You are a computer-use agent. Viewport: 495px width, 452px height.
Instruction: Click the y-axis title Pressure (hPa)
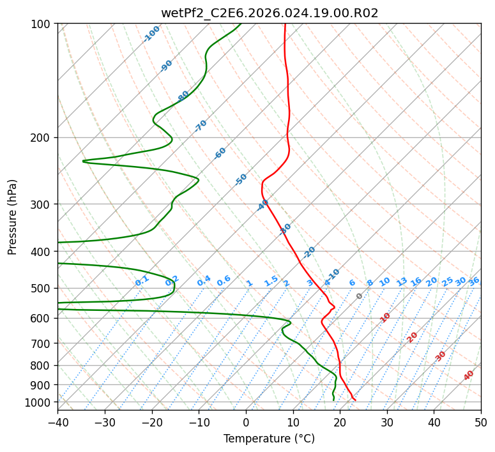[x=13, y=217]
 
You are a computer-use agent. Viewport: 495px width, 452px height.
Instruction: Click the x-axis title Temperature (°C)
[x=269, y=439]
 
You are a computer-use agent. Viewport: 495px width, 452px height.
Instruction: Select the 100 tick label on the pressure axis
[x=42, y=24]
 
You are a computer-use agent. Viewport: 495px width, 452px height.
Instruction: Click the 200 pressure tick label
[x=42, y=137]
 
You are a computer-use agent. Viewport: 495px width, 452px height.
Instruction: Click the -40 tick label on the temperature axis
[x=57, y=422]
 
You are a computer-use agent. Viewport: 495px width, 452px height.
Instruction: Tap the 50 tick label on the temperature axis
[x=481, y=422]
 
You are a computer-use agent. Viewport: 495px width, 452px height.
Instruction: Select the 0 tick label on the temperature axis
[x=246, y=422]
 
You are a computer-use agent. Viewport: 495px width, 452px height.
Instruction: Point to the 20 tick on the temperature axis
[x=340, y=422]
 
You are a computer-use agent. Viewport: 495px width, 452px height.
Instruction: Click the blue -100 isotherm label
[x=151, y=34]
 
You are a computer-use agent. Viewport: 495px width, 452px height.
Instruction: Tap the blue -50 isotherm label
[x=241, y=179]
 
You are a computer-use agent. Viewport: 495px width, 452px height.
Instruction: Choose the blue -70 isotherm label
[x=201, y=126]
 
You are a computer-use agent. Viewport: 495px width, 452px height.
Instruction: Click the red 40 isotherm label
[x=469, y=375]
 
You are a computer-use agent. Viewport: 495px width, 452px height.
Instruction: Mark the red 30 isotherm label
[x=441, y=356]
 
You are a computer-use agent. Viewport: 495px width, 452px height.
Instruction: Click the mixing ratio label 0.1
[x=142, y=281]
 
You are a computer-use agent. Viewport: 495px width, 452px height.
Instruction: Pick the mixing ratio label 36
[x=474, y=281]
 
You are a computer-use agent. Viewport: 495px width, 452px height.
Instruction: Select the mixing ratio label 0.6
[x=224, y=281]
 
